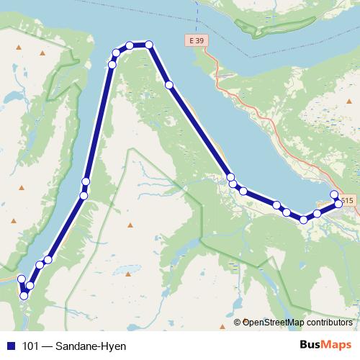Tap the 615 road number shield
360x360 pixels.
tap(348, 201)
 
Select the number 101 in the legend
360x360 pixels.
tap(31, 346)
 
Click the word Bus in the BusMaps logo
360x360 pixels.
tap(311, 346)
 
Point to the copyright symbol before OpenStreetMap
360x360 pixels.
tap(238, 323)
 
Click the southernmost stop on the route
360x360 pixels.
tap(24, 295)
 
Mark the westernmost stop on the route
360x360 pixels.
tap(21, 279)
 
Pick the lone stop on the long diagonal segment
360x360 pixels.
tap(169, 85)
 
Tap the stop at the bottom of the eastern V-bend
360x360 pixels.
tap(304, 219)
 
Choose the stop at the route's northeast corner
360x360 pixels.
tap(149, 45)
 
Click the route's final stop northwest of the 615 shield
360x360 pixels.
tap(334, 194)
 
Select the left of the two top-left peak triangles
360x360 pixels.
tap(19, 49)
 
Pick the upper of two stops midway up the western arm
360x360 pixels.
tap(86, 181)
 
